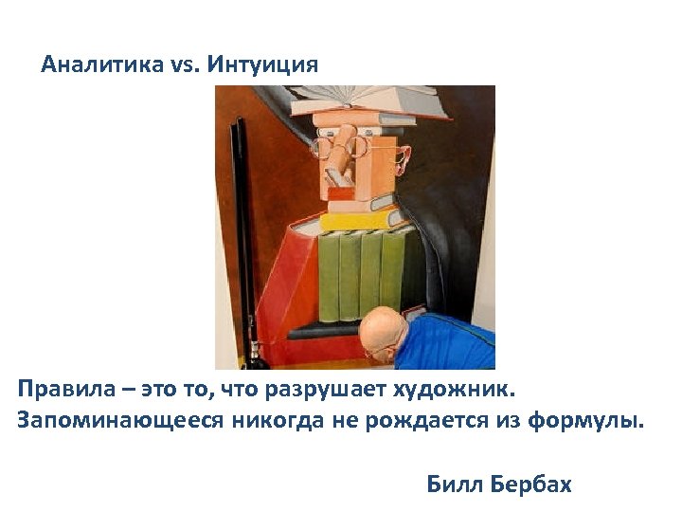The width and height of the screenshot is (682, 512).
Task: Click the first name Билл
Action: (455, 485)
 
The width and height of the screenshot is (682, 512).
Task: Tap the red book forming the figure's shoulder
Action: (284, 275)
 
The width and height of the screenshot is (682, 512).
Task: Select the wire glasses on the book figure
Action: (355, 147)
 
